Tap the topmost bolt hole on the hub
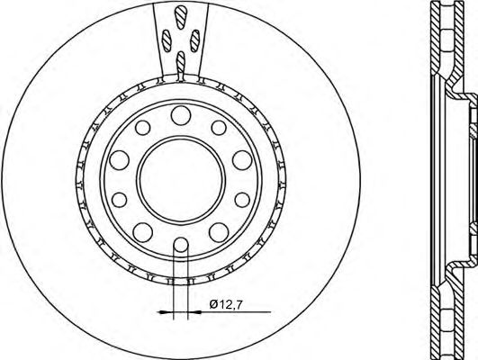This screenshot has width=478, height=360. click(x=181, y=113)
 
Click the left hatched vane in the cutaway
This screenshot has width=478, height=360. click(x=167, y=40)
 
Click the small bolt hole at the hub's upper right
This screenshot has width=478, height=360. click(x=216, y=129)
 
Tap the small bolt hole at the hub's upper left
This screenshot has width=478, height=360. click(x=144, y=129)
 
